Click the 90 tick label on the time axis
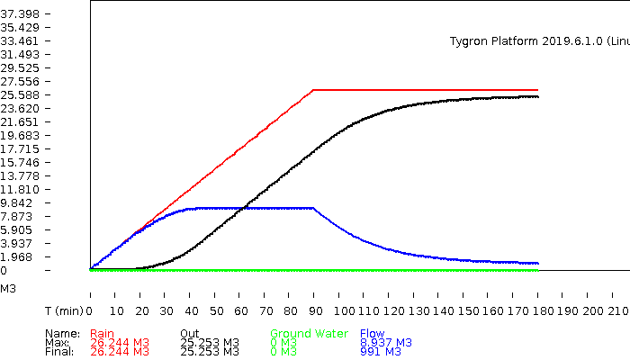313,310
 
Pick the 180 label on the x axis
537,310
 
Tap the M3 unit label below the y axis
7,289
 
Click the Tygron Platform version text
538,41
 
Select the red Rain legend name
103,334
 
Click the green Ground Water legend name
309,334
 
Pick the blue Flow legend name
372,334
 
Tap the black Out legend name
189,334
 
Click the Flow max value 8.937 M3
385,343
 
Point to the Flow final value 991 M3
380,352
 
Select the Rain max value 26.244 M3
120,343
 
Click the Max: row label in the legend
57,343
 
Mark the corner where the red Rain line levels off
312,90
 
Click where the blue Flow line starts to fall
313,208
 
